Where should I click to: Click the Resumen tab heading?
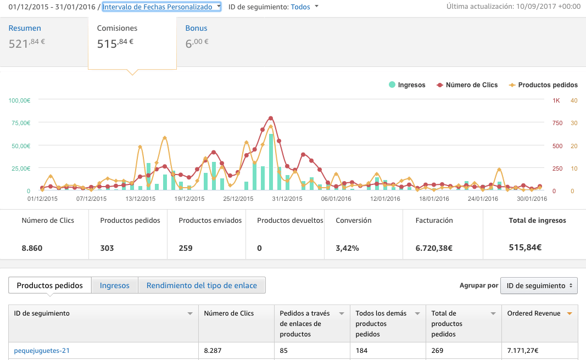point(25,28)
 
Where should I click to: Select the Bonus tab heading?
point(196,28)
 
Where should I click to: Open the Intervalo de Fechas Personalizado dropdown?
point(161,7)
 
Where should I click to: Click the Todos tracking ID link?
point(300,7)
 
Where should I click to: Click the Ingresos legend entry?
point(407,85)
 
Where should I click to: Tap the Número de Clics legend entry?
point(467,85)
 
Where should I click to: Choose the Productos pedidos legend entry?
point(543,85)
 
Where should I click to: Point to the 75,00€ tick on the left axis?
point(21,123)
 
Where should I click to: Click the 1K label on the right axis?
point(556,100)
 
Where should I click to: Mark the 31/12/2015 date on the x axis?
point(287,199)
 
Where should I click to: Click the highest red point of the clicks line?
point(271,119)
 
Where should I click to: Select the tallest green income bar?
point(271,162)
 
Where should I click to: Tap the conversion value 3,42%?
point(347,248)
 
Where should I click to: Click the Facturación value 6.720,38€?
point(434,248)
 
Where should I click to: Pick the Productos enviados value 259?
point(186,248)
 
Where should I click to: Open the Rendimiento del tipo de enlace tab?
point(202,285)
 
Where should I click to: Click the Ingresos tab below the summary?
point(115,285)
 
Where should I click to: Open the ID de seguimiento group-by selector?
point(539,285)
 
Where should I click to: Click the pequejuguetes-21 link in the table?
point(42,351)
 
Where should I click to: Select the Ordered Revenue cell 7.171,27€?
point(523,351)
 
